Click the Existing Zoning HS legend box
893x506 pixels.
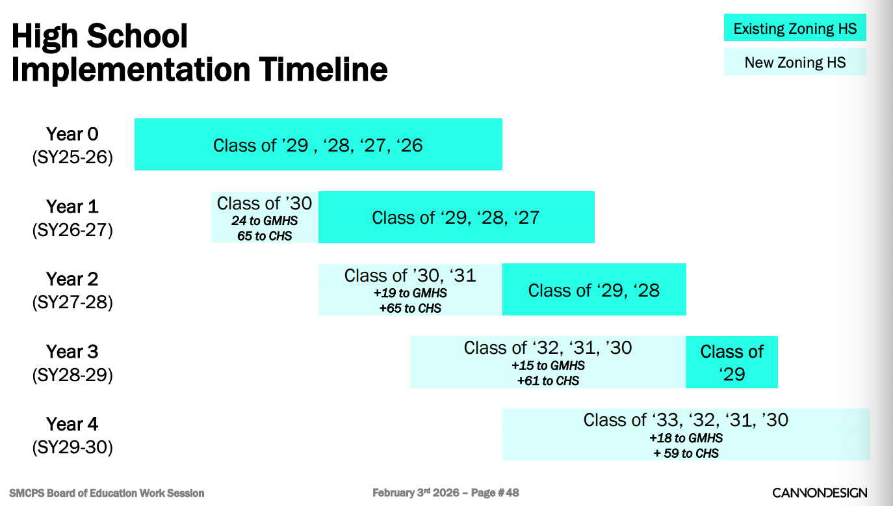click(795, 29)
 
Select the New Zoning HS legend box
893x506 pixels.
click(795, 62)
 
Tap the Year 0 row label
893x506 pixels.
click(72, 134)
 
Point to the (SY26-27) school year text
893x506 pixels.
click(72, 230)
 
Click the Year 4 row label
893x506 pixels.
click(72, 424)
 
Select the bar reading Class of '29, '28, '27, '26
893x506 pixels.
click(318, 144)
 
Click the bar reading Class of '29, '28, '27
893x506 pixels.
click(456, 217)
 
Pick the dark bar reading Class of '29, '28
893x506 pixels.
click(594, 290)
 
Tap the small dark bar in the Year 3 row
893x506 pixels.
click(732, 362)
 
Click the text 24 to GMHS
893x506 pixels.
click(265, 221)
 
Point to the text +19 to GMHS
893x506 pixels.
click(410, 293)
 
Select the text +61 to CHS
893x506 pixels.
click(548, 381)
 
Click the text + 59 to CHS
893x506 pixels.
click(686, 453)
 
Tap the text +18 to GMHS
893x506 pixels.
click(686, 438)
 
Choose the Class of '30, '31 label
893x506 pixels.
click(410, 275)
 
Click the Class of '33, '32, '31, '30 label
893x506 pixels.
click(686, 419)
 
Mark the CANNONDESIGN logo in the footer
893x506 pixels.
click(819, 492)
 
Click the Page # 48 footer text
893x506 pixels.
click(495, 492)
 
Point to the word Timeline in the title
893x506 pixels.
click(319, 70)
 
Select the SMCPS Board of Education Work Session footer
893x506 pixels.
click(107, 493)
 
